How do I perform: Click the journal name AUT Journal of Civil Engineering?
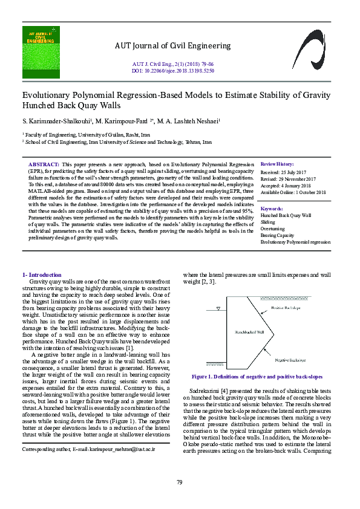[172, 46]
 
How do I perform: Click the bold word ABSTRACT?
[44, 164]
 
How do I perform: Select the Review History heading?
[277, 164]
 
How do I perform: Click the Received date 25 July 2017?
[287, 172]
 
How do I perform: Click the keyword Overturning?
[272, 229]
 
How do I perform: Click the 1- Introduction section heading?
[41, 274]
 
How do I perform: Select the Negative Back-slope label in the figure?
[289, 360]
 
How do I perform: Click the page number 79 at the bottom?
[180, 482]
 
